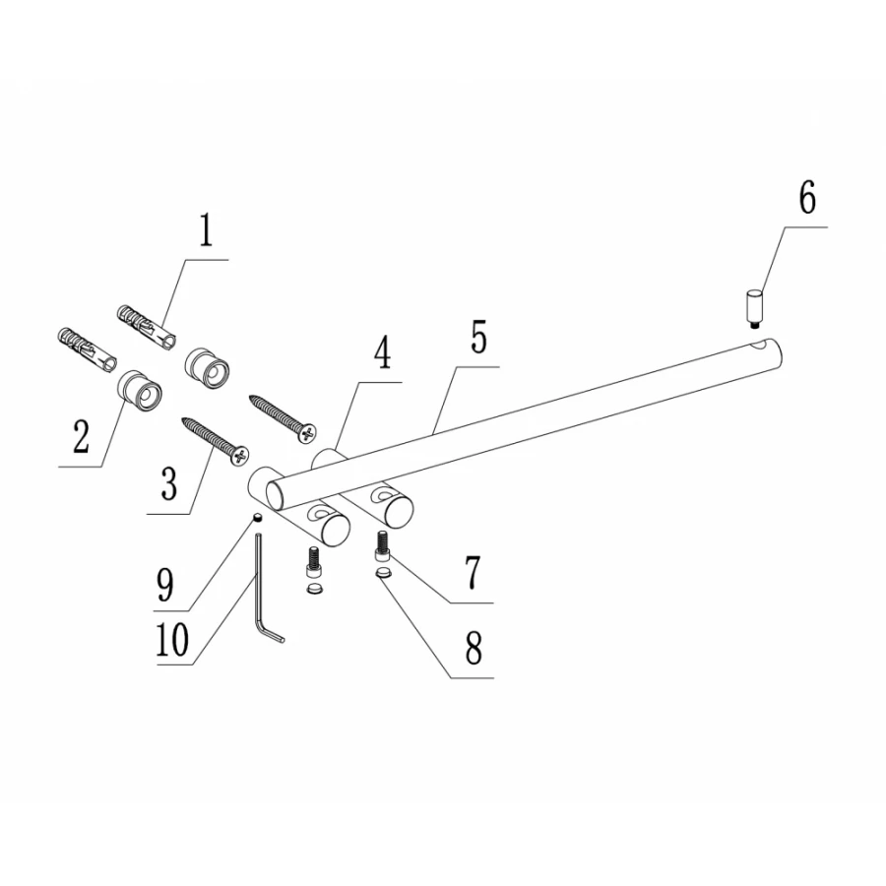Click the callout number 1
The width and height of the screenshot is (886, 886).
point(207,231)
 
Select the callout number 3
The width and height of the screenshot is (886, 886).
point(168,484)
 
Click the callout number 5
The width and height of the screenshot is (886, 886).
point(478,338)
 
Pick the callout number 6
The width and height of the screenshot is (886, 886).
point(807,198)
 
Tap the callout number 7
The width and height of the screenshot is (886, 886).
point(473,572)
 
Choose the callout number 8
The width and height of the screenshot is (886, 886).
point(474,648)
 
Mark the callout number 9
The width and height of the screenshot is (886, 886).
point(165,586)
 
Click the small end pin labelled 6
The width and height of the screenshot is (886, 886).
point(754,308)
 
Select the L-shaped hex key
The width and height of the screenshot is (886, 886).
point(270,589)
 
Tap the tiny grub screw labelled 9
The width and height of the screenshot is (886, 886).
point(257,517)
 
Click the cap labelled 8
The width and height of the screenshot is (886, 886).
point(384,574)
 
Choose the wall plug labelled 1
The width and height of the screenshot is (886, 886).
point(147,329)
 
